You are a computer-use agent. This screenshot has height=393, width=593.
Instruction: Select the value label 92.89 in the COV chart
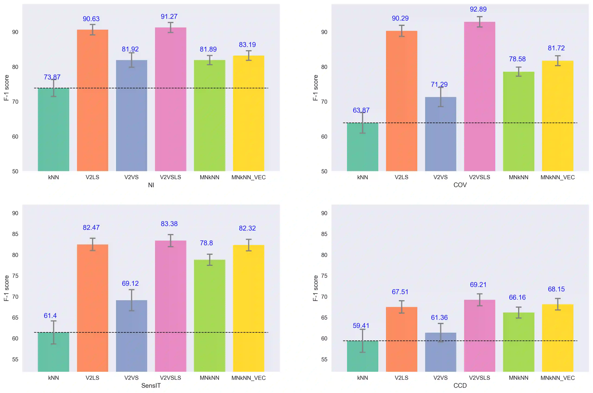tap(478, 9)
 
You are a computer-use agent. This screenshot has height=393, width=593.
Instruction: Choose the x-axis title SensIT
tap(151, 385)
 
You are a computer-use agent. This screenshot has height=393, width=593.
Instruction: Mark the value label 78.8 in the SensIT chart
tap(206, 243)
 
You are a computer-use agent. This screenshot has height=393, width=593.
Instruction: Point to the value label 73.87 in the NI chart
tap(52, 77)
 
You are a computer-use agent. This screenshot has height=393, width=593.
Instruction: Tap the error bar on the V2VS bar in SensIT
tap(131, 300)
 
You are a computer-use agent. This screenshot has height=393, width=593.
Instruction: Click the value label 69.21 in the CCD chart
tap(478, 285)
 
